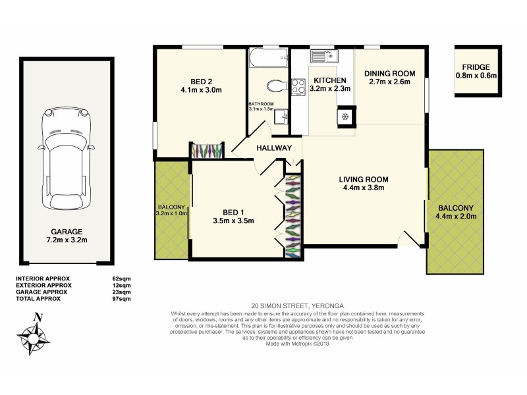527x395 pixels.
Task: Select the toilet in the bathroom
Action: click(276, 86)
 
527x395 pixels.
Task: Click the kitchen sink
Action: click(324, 55)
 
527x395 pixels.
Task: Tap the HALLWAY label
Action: click(274, 147)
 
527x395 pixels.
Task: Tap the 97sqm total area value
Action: click(121, 298)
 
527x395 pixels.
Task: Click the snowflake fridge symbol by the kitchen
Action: click(344, 117)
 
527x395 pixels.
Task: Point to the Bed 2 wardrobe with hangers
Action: click(208, 150)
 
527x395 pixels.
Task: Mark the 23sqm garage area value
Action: click(121, 292)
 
